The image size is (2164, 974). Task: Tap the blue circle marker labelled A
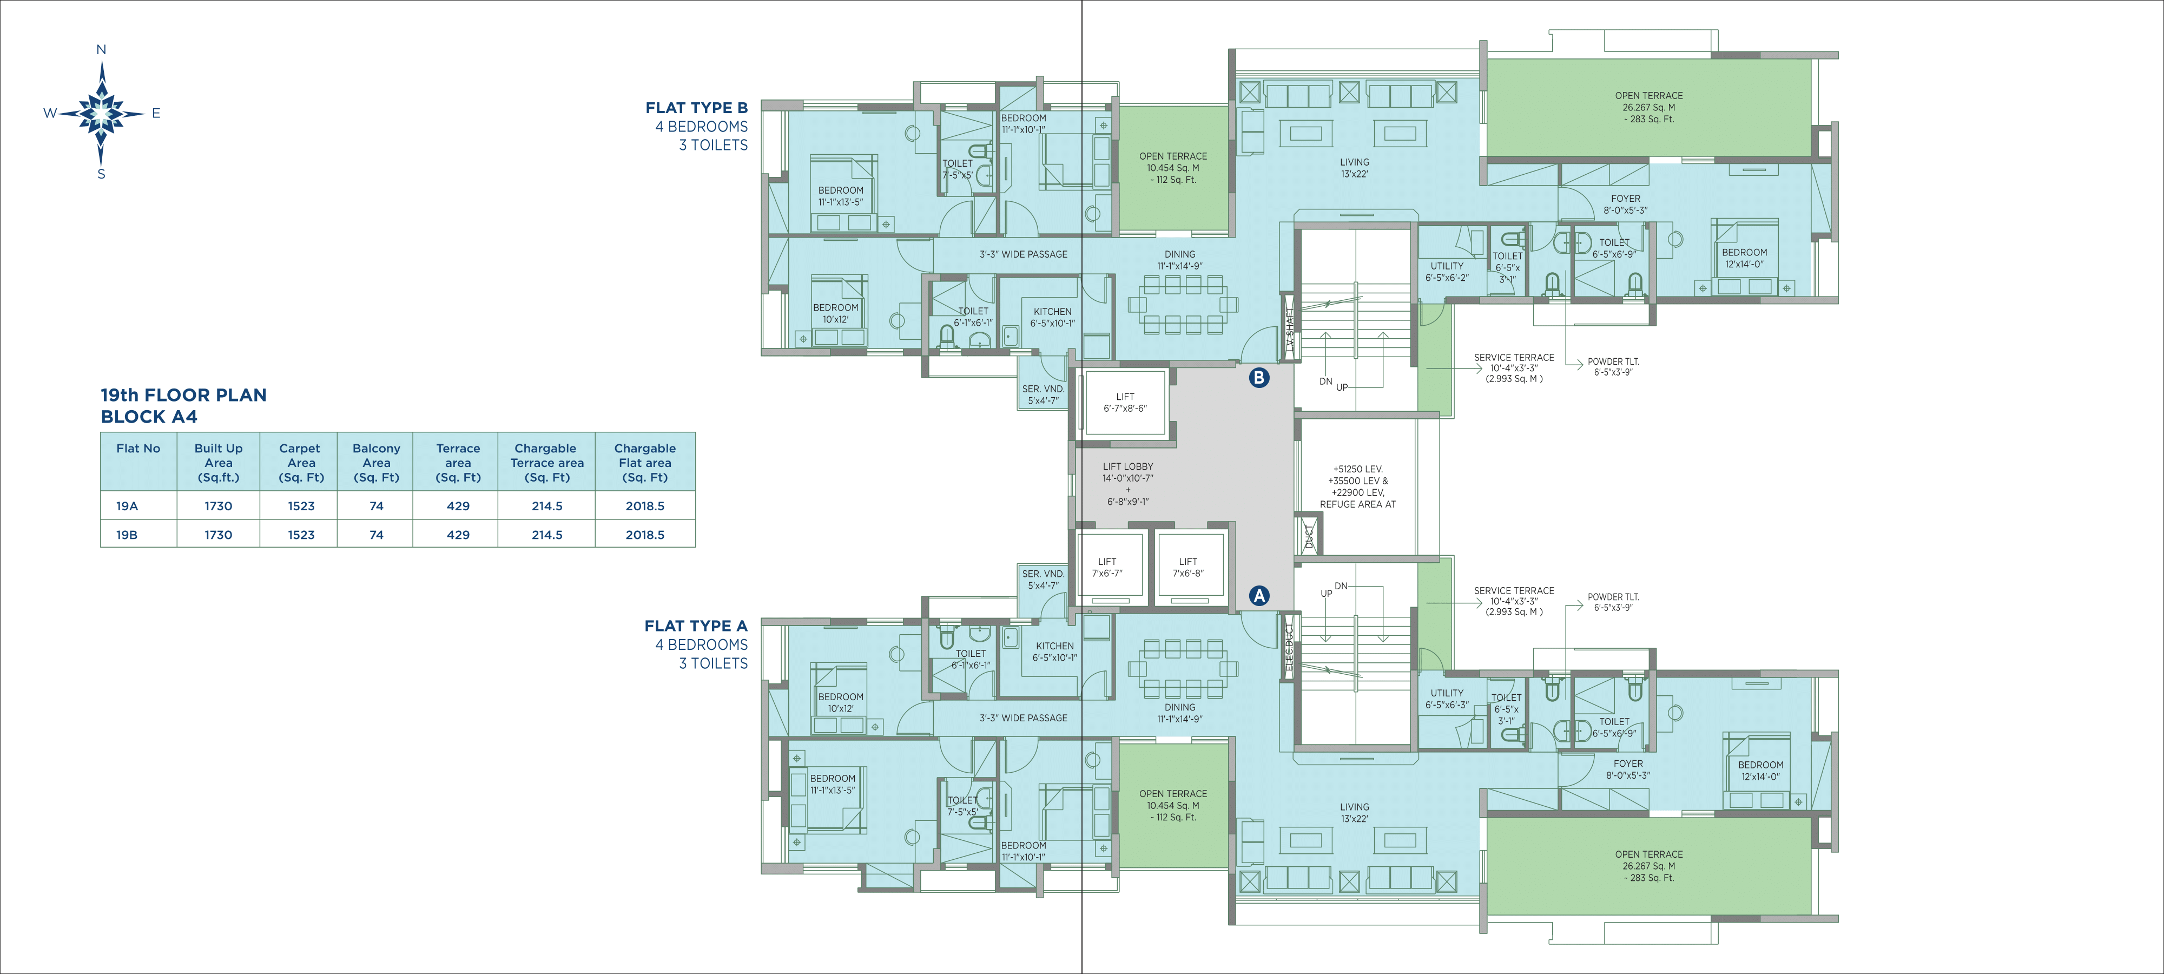[1258, 596]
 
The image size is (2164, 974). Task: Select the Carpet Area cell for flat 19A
[301, 506]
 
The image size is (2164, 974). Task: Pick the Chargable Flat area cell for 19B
[645, 535]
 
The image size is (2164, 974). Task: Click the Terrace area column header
[458, 462]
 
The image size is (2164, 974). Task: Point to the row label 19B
[127, 535]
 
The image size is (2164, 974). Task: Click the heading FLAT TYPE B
[696, 108]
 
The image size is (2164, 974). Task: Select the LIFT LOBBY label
[1128, 466]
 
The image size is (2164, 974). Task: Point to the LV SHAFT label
[1290, 330]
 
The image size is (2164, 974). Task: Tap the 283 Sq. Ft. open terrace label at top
[1649, 120]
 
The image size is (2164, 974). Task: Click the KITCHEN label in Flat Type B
[1053, 312]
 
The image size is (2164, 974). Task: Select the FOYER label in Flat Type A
[1628, 764]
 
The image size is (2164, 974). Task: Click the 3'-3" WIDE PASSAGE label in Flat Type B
[1023, 254]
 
